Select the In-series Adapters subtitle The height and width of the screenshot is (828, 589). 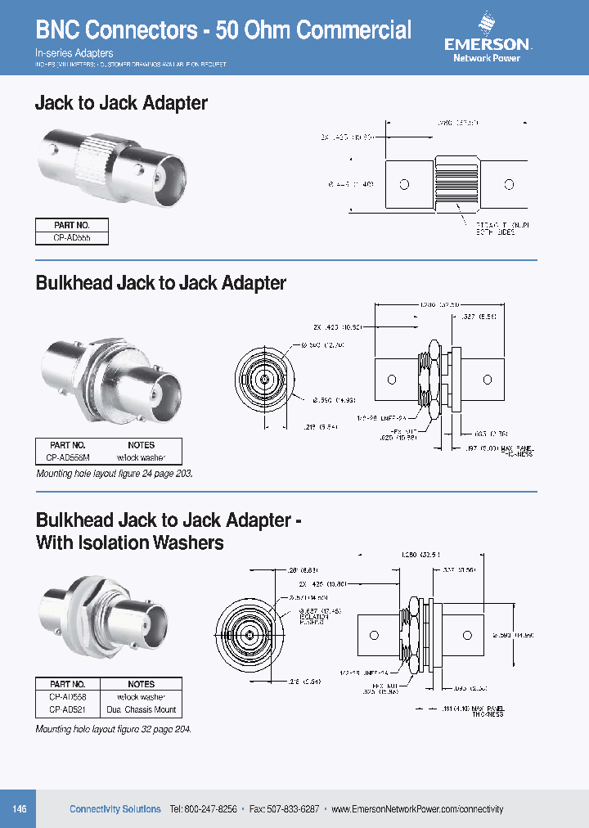point(74,52)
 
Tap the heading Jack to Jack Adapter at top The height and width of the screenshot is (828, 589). point(121,103)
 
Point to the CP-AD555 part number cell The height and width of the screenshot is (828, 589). point(71,238)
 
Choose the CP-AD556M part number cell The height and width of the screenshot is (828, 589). point(71,458)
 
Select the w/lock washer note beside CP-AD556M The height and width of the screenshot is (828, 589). point(141,458)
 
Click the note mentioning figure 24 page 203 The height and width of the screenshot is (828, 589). point(115,474)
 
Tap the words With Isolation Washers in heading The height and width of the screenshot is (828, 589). point(130,542)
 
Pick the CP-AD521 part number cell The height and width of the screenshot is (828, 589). point(68,709)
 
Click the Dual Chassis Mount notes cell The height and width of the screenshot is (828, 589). point(141,709)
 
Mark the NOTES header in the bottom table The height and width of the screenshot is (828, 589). point(141,684)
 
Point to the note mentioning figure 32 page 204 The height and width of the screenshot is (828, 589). point(114,728)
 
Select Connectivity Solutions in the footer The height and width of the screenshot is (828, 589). point(115,809)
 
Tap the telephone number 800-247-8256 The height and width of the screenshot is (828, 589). point(210,809)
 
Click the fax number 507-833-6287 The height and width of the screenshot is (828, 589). point(290,809)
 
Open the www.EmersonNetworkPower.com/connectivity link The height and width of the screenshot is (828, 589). point(417,809)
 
